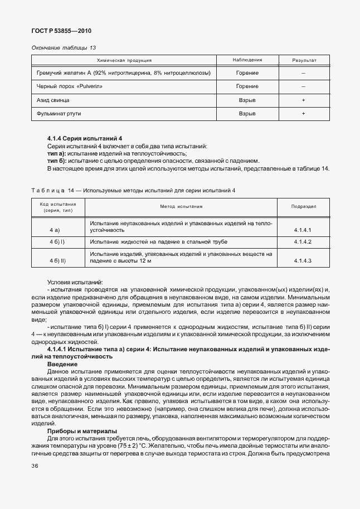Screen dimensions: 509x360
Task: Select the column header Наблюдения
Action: click(x=247, y=60)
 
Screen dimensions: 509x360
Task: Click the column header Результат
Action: click(x=304, y=60)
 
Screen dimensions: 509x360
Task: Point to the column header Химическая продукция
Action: click(x=124, y=60)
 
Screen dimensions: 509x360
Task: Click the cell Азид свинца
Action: click(x=53, y=100)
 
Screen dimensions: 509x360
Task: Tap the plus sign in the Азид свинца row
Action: click(x=304, y=100)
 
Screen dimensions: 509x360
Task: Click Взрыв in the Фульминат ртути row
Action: click(x=247, y=114)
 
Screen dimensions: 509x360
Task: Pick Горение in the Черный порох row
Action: click(x=247, y=86)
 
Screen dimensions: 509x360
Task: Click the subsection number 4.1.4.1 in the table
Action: click(x=302, y=230)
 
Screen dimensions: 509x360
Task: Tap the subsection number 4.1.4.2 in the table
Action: click(x=302, y=242)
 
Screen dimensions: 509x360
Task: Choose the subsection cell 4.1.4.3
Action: click(x=302, y=261)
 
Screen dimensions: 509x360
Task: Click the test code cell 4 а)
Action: click(x=55, y=230)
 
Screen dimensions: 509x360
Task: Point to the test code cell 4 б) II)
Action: click(x=57, y=261)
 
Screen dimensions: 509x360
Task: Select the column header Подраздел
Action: click(x=304, y=206)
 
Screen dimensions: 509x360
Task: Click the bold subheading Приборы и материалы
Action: click(x=82, y=431)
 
